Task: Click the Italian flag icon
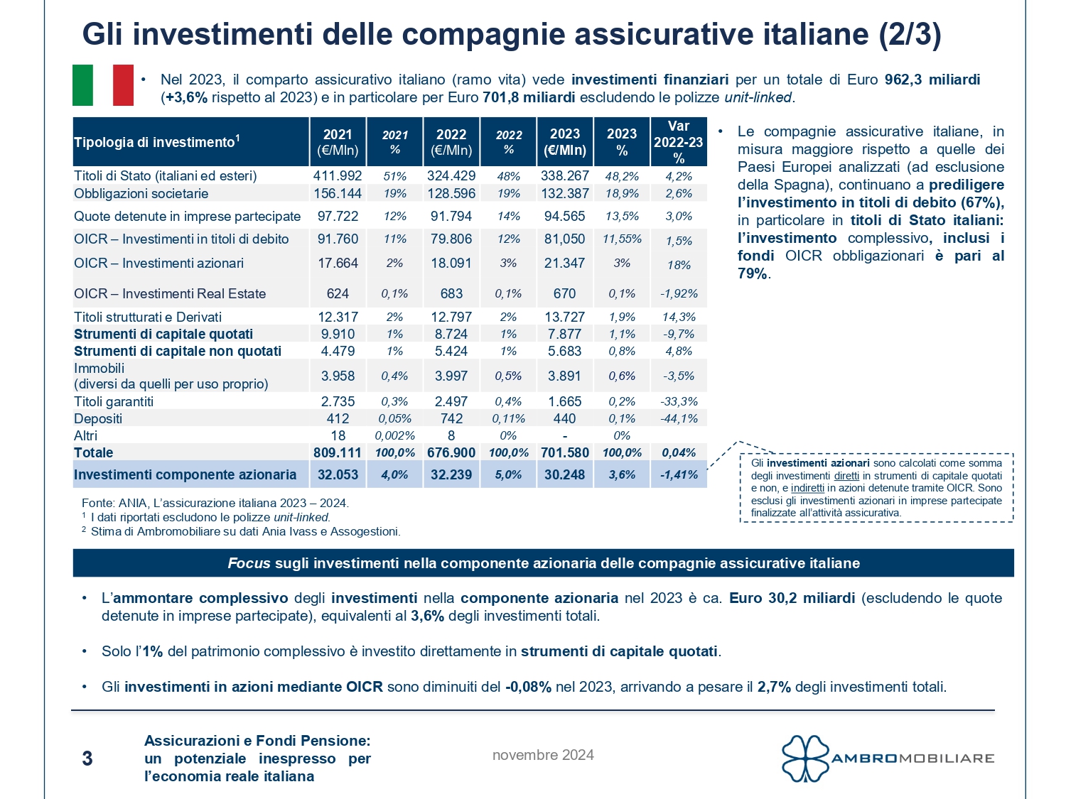(x=103, y=85)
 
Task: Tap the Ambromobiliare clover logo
(x=806, y=758)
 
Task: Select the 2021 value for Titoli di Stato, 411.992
(x=338, y=175)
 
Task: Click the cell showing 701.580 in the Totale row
(x=565, y=452)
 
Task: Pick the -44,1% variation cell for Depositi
(x=679, y=418)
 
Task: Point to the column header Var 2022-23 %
(x=679, y=142)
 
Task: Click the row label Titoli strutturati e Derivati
(x=148, y=317)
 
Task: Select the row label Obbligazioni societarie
(x=141, y=193)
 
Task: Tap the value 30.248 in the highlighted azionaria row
(x=565, y=474)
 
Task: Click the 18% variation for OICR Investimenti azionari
(x=679, y=265)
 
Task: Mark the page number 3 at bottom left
(x=87, y=759)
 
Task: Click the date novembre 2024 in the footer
(x=543, y=755)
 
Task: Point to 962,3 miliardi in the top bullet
(x=932, y=80)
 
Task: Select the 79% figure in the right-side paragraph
(x=752, y=273)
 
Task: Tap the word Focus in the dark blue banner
(x=249, y=563)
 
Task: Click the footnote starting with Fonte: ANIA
(x=215, y=503)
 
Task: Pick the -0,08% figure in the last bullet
(x=529, y=687)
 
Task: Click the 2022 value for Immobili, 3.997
(x=451, y=376)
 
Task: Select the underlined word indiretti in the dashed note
(x=807, y=488)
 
